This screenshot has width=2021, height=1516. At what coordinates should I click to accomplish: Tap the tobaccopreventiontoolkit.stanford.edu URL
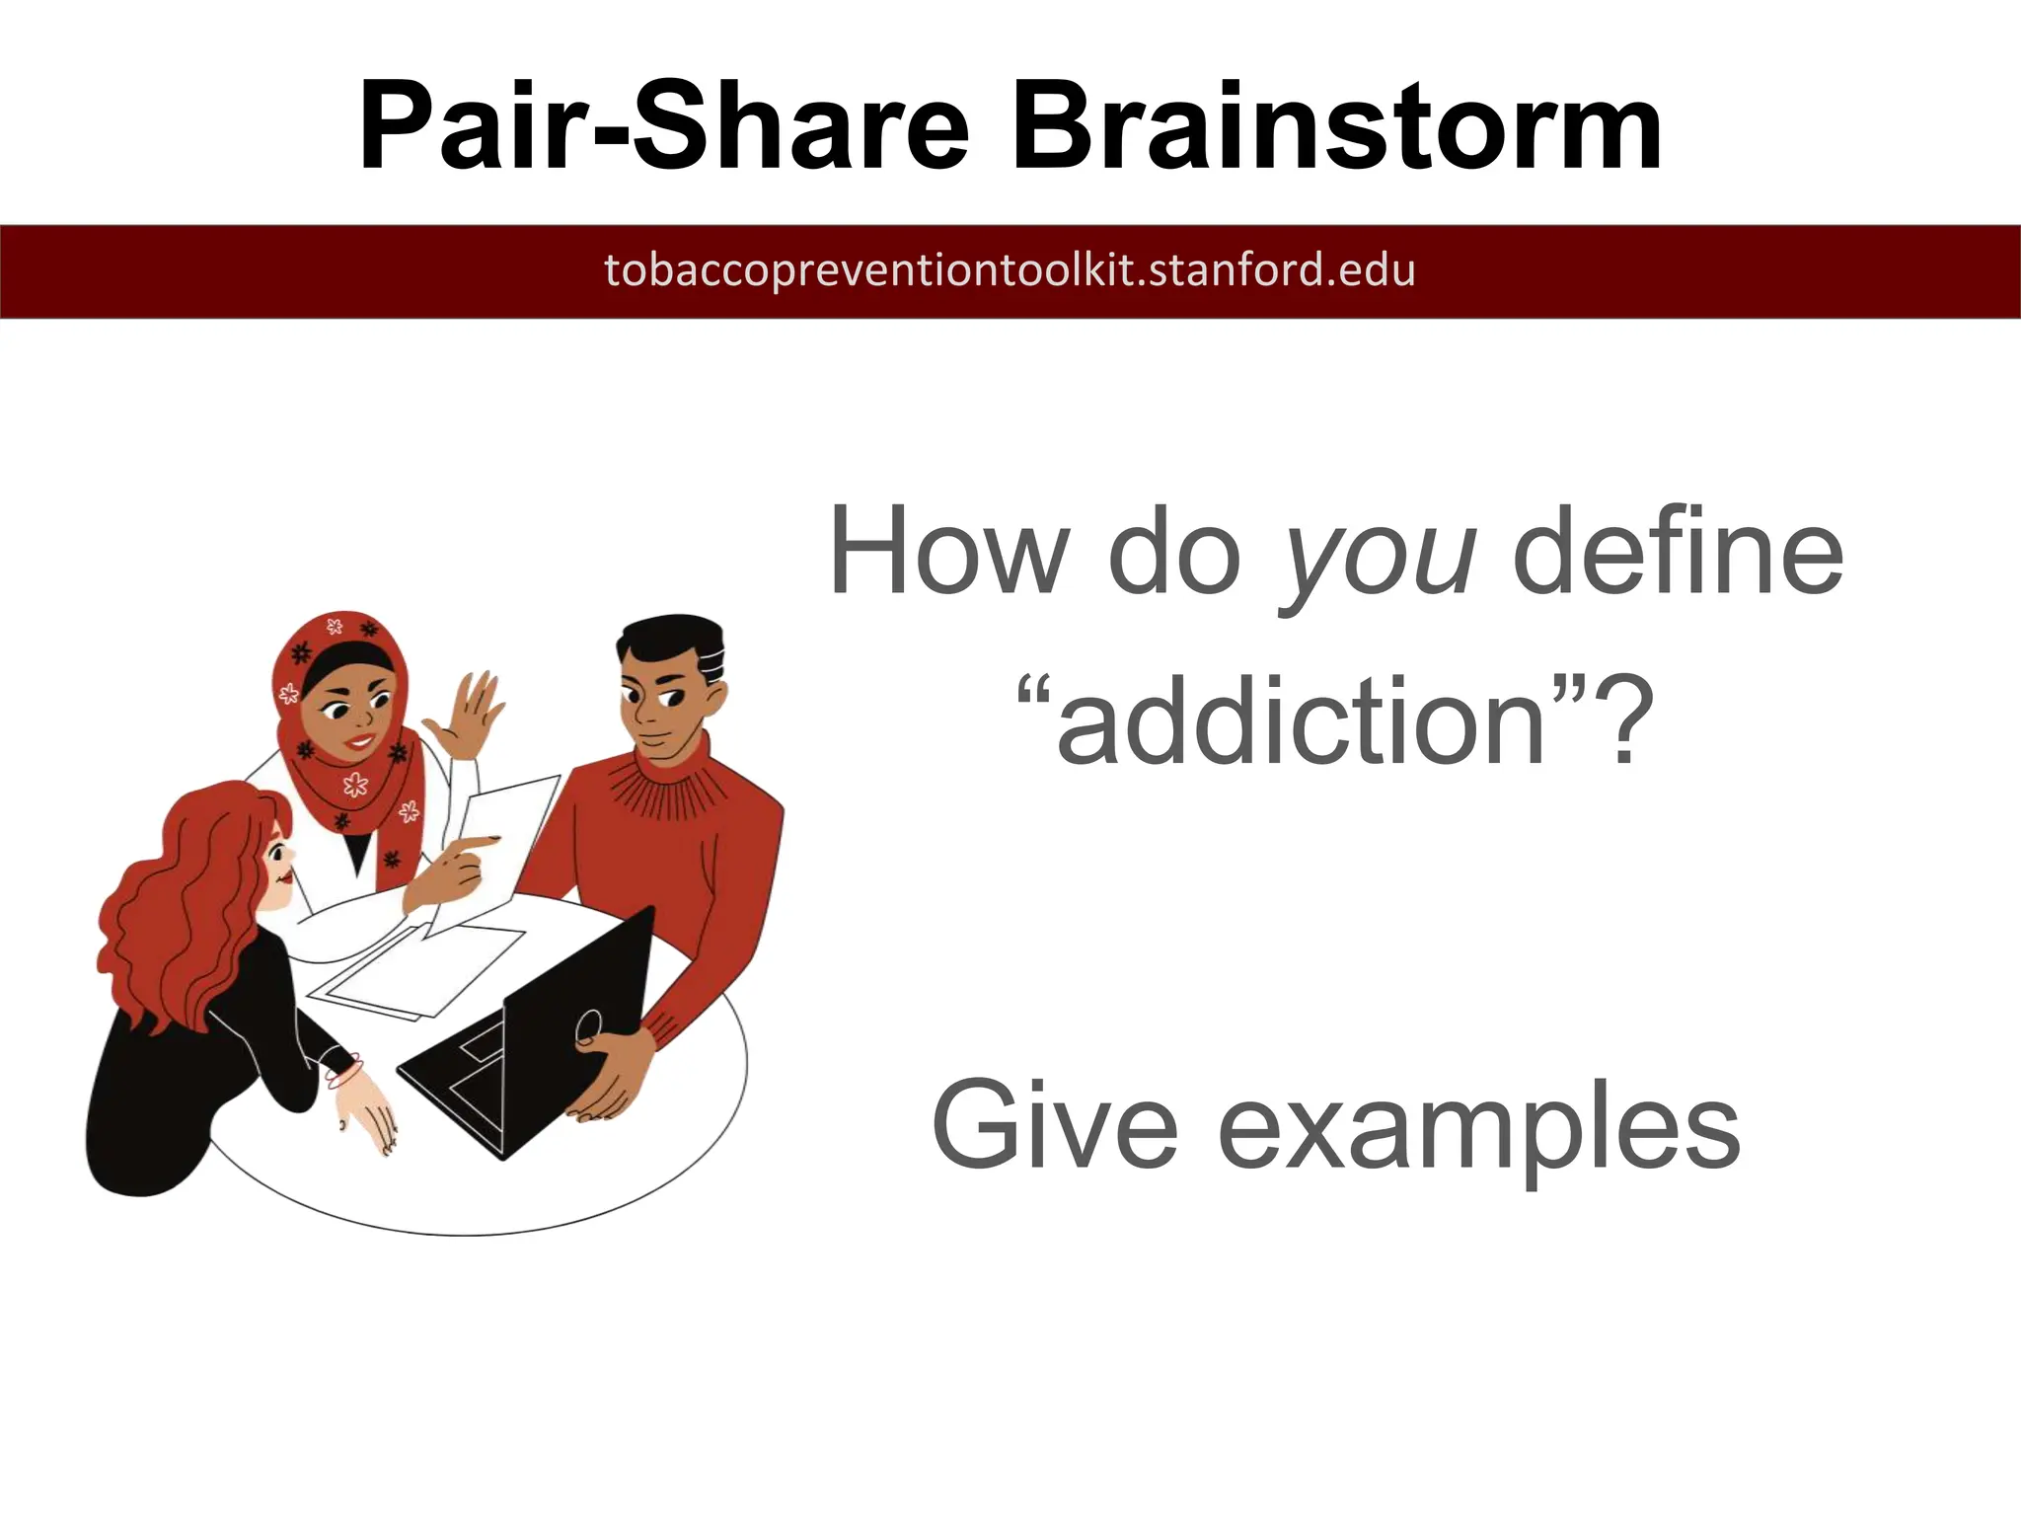1010,270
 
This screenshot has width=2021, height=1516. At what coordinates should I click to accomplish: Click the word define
1677,551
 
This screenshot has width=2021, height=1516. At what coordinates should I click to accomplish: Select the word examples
1479,1130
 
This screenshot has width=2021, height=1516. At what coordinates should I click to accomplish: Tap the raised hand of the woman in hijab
472,716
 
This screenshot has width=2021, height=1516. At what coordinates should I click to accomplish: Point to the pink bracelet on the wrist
344,1071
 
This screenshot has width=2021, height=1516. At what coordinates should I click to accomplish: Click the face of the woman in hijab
350,716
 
